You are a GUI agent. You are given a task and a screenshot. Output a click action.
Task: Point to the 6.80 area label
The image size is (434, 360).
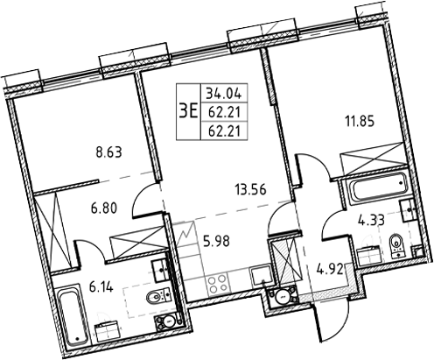coord(106,210)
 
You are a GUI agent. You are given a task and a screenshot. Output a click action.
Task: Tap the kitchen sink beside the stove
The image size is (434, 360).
coord(260,279)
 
